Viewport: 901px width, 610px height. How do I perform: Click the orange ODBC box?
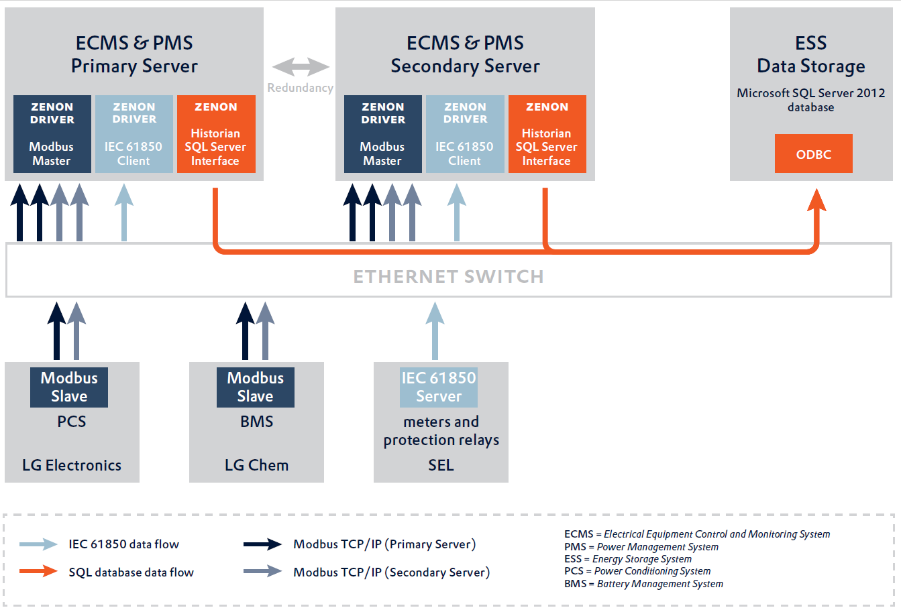813,154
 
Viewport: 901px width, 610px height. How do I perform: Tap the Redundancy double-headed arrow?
301,66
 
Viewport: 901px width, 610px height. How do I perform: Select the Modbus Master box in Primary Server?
52,134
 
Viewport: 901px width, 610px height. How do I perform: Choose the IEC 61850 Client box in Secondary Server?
465,134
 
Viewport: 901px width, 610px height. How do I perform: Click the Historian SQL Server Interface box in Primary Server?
216,134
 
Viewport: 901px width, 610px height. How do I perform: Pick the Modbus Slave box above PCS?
69,387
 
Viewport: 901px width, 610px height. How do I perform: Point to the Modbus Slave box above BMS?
256,387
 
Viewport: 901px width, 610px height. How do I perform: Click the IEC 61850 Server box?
439,387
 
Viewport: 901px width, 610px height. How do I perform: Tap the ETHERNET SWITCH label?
448,276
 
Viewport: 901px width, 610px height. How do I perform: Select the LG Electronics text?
72,465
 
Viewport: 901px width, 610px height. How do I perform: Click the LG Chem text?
256,465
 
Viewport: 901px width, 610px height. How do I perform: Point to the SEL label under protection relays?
441,465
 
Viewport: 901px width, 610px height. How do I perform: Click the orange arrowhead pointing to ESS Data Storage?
816,200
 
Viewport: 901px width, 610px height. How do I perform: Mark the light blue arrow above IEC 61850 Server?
435,330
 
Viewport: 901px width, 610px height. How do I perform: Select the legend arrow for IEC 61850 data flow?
39,544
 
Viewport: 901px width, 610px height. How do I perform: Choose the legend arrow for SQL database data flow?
39,571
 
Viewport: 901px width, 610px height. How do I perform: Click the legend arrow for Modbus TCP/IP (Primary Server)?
262,544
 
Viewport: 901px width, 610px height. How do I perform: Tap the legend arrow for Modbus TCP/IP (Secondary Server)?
262,571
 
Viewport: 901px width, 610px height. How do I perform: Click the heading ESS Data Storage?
810,55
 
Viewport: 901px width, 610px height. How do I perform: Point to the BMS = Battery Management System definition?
643,584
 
